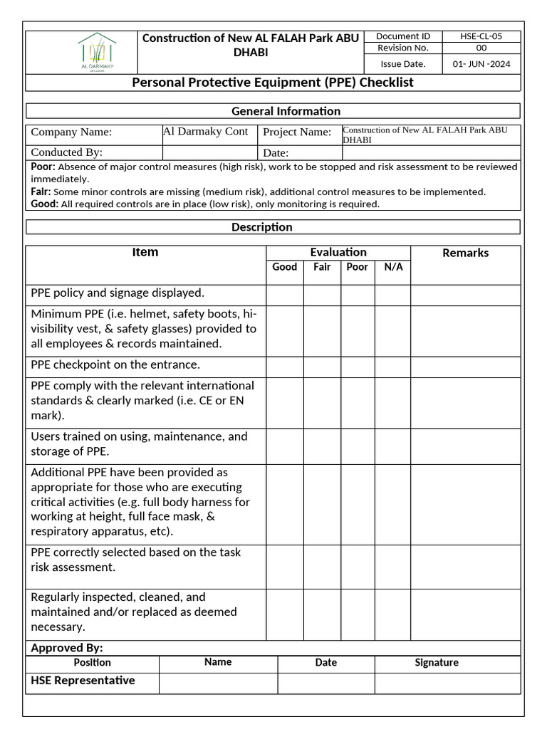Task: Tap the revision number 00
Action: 481,48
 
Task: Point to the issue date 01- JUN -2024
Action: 481,64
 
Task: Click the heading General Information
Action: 286,111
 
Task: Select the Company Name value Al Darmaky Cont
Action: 205,132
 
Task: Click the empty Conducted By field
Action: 209,152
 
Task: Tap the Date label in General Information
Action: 276,153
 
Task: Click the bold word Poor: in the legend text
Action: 43,167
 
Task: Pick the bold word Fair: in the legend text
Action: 41,192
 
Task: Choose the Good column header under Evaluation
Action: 285,267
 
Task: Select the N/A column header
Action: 393,267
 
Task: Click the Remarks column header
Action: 465,253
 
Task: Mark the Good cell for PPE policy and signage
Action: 285,295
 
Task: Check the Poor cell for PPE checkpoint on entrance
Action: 358,367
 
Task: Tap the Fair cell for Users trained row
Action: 322,446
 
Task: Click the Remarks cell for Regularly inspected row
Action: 465,613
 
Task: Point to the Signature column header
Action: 436,663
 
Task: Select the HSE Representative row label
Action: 83,681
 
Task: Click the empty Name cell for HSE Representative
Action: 217,683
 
